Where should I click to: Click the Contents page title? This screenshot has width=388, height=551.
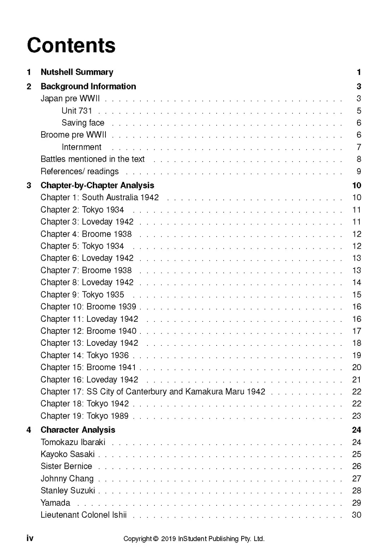pyautogui.click(x=71, y=46)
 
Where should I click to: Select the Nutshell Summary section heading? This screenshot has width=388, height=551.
pyautogui.click(x=77, y=72)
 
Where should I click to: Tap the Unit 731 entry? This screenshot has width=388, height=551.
pyautogui.click(x=77, y=111)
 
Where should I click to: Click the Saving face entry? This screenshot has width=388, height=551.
pyautogui.click(x=83, y=123)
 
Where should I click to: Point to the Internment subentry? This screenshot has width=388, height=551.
pyautogui.click(x=81, y=147)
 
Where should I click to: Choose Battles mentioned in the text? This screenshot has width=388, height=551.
pyautogui.click(x=92, y=159)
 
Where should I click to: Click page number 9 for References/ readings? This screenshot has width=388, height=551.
pyautogui.click(x=359, y=172)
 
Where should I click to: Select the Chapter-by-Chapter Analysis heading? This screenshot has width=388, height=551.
pyautogui.click(x=97, y=185)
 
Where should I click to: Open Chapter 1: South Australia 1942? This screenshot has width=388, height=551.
pyautogui.click(x=99, y=197)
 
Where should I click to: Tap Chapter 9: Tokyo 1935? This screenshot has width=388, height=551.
pyautogui.click(x=82, y=295)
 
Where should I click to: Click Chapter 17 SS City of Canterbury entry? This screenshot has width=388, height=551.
pyautogui.click(x=153, y=392)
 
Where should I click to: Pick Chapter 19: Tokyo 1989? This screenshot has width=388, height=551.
pyautogui.click(x=84, y=416)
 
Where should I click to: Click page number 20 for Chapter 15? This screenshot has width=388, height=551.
pyautogui.click(x=357, y=368)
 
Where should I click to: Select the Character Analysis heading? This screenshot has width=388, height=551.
pyautogui.click(x=78, y=430)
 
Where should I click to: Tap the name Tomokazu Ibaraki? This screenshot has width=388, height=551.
pyautogui.click(x=73, y=442)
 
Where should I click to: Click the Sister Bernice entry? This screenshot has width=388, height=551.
pyautogui.click(x=66, y=466)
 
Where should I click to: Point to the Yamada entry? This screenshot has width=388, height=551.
pyautogui.click(x=55, y=503)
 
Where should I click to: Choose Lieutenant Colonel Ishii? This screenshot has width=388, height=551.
pyautogui.click(x=84, y=515)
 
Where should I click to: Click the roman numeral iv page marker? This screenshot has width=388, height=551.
pyautogui.click(x=30, y=538)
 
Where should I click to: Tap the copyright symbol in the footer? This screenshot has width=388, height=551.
pyautogui.click(x=156, y=539)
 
